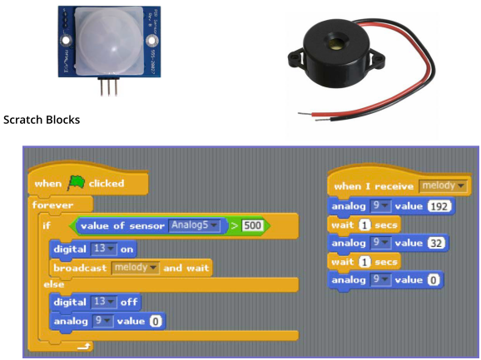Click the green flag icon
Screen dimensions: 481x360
76,183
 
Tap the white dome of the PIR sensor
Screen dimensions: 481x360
109,42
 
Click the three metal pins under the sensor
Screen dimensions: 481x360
108,86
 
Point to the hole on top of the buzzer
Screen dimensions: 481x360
334,43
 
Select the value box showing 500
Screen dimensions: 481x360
252,226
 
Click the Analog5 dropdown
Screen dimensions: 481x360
194,225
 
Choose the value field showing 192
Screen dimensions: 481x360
439,206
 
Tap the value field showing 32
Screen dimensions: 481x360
436,244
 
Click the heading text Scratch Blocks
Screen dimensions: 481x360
42,120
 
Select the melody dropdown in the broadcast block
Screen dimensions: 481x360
135,268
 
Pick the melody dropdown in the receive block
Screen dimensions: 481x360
443,186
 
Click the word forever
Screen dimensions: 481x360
52,205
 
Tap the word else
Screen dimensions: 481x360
54,284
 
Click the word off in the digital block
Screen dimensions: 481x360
129,303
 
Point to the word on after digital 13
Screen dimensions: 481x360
127,249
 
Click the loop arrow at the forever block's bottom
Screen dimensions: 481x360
84,347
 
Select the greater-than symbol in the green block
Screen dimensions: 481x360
235,226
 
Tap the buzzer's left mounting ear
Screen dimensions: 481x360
295,59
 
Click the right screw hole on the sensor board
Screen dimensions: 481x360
151,41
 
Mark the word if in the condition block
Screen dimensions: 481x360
47,226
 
